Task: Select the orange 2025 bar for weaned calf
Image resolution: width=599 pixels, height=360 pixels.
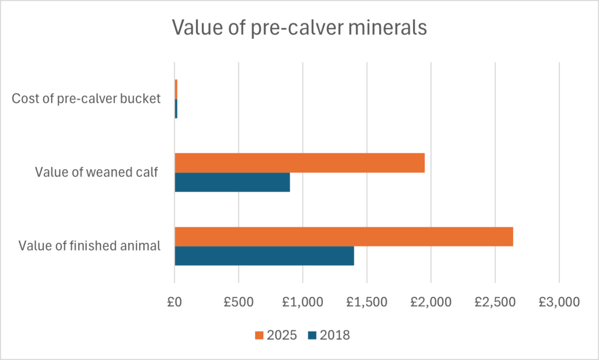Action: [299, 163]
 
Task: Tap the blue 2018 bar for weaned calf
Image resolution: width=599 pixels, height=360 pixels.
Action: [232, 182]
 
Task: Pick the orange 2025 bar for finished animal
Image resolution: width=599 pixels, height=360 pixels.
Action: [344, 236]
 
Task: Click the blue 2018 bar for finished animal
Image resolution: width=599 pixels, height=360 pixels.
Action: [264, 256]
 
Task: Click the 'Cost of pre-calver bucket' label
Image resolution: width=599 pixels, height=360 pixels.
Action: [86, 98]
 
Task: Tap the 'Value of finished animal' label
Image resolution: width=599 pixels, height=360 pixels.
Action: [89, 246]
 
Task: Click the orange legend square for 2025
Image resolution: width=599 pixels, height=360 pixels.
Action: [259, 335]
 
